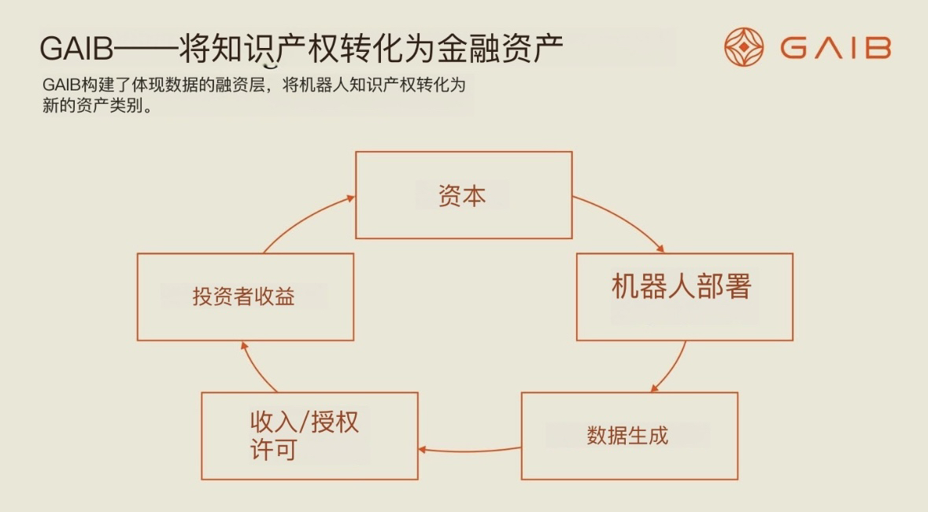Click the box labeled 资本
[464, 195]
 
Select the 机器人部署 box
[684, 297]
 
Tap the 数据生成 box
[629, 436]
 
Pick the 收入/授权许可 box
[309, 436]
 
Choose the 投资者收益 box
[245, 297]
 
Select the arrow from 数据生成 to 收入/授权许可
[469, 451]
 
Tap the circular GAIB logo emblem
[744, 47]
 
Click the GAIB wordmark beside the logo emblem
[835, 48]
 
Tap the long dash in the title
[146, 50]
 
